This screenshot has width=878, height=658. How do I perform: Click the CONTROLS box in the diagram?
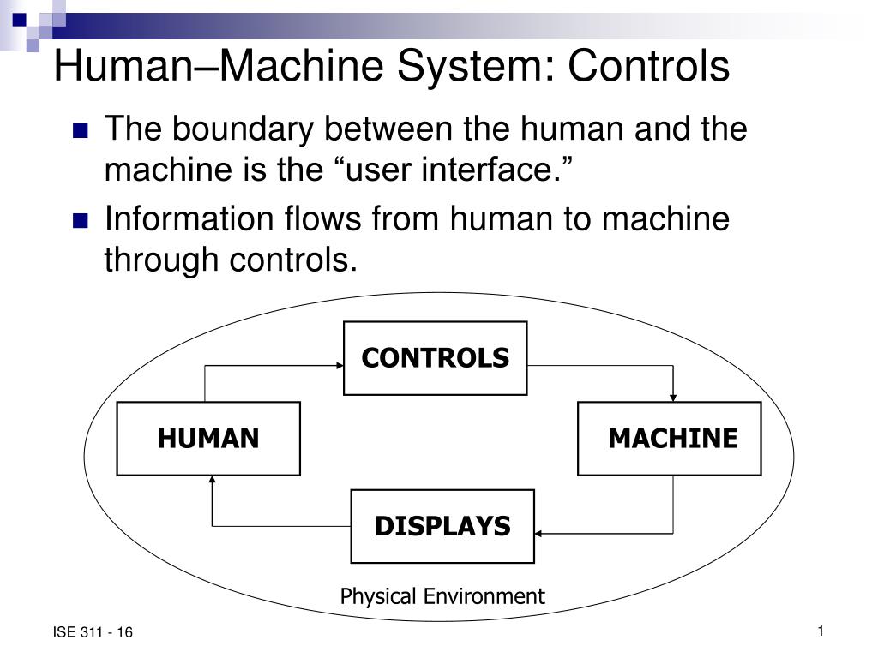(435, 358)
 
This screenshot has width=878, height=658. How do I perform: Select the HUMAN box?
(208, 439)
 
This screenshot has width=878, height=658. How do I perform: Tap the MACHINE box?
(670, 439)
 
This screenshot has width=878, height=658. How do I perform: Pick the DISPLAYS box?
(442, 526)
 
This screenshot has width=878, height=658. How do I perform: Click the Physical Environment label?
(442, 596)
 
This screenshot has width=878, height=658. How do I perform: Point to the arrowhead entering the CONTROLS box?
(338, 365)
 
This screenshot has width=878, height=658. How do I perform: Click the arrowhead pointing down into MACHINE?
(673, 396)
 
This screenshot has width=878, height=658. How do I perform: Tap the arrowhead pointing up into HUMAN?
(212, 481)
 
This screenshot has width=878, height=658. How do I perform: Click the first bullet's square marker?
(81, 132)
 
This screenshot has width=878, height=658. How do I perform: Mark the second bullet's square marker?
(81, 221)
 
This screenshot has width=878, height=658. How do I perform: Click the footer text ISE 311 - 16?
(93, 633)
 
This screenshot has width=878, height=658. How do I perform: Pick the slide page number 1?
(820, 632)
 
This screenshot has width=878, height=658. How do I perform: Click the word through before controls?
(161, 259)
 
